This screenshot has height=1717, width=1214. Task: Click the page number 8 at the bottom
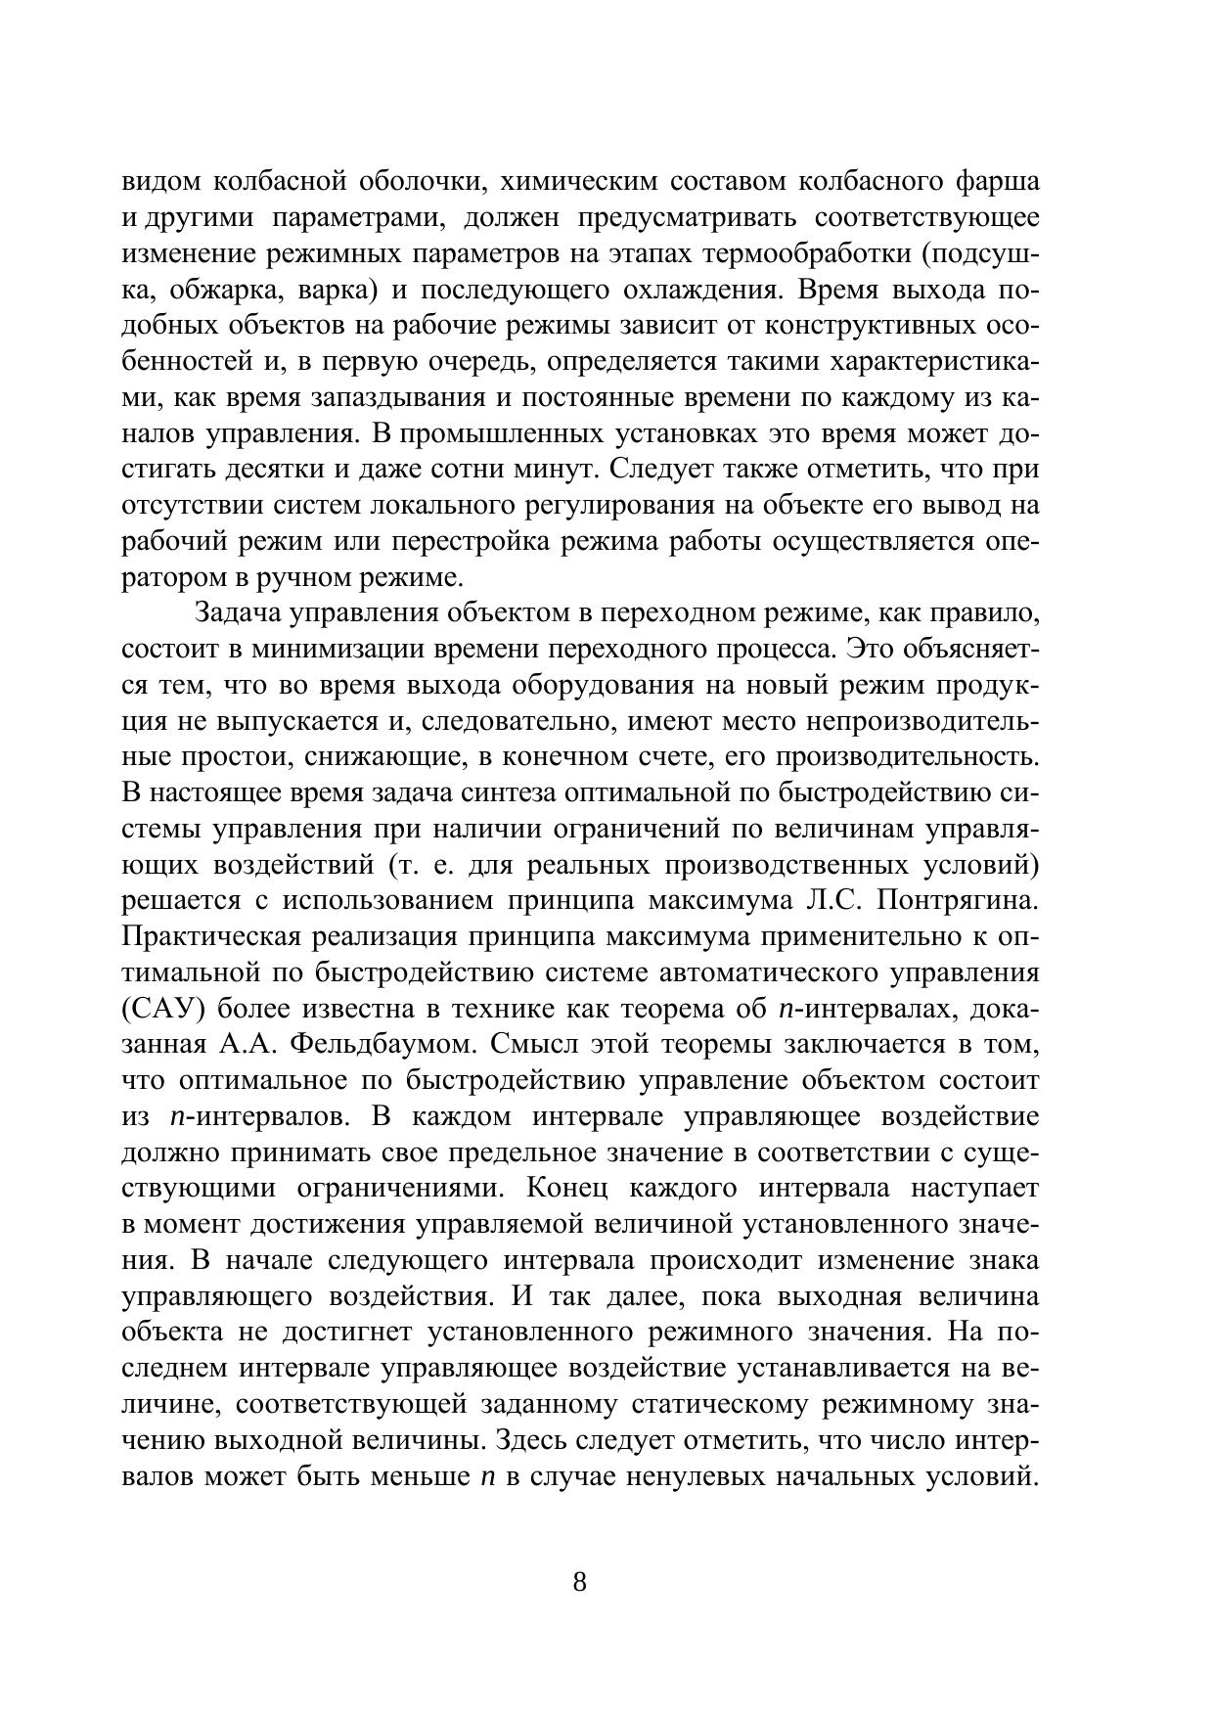[579, 1583]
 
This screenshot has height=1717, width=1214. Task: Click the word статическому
[719, 1405]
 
